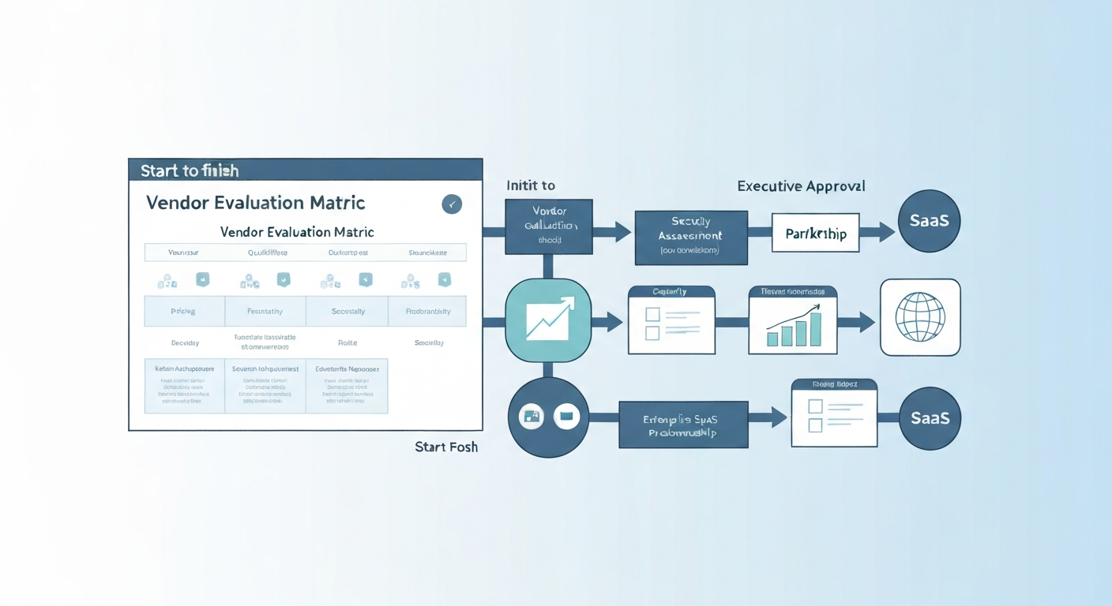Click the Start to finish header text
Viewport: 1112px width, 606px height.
(x=190, y=170)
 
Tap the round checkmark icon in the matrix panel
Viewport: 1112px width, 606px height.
(x=452, y=204)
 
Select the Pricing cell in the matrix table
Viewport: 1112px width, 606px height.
(x=184, y=312)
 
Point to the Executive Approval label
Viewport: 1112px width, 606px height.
(x=801, y=186)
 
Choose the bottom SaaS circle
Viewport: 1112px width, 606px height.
(x=930, y=418)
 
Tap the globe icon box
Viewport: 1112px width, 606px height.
(x=920, y=317)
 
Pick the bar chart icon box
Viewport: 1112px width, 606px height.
(x=793, y=320)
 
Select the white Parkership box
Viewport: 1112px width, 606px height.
(x=815, y=234)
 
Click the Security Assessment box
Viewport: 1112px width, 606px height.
(x=690, y=237)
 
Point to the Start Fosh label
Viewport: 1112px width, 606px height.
(x=446, y=447)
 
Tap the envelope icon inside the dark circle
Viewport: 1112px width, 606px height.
(x=567, y=416)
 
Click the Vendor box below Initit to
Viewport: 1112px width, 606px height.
(x=549, y=226)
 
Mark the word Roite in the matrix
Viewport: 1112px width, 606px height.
(x=347, y=342)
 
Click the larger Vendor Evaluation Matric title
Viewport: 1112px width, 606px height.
(x=255, y=203)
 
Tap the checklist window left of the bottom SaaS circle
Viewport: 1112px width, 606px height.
(x=834, y=413)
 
